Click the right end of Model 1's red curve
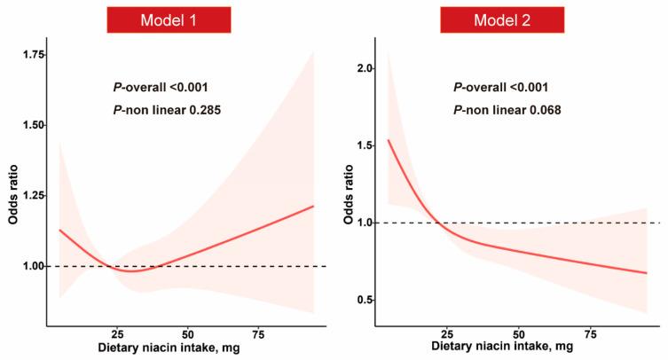point(313,206)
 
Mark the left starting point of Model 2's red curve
point(389,140)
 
